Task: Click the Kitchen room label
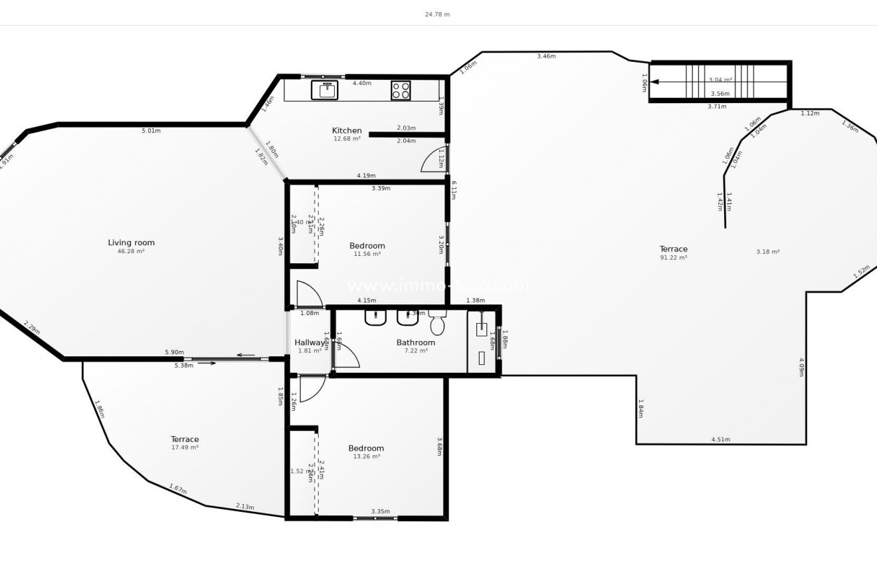point(347,130)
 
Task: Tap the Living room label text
point(131,243)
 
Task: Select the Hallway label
point(310,343)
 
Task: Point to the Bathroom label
point(416,343)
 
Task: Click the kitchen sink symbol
point(324,90)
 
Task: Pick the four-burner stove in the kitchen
point(401,90)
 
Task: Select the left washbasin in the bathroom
point(375,318)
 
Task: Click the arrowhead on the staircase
point(654,82)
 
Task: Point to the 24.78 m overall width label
point(437,14)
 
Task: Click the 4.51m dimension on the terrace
point(721,439)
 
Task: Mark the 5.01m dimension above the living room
point(151,131)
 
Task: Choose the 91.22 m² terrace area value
point(673,258)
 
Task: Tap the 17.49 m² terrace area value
point(185,447)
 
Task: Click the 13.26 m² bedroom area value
point(366,457)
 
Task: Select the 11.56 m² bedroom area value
point(367,254)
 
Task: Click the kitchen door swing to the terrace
point(433,160)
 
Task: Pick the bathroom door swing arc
point(346,356)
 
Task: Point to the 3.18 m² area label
point(767,252)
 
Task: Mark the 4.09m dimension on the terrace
point(802,367)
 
